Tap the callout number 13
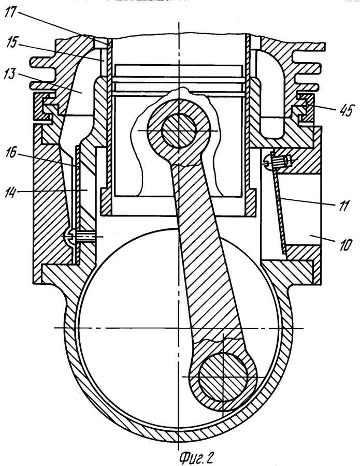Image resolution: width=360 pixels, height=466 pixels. (x=10, y=74)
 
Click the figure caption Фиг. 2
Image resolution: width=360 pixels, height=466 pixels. (x=196, y=458)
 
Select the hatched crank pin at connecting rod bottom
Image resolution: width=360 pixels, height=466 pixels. (x=223, y=377)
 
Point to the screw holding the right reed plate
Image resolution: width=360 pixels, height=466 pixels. (x=279, y=161)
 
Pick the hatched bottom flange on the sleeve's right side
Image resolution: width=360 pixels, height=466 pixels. (x=251, y=202)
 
